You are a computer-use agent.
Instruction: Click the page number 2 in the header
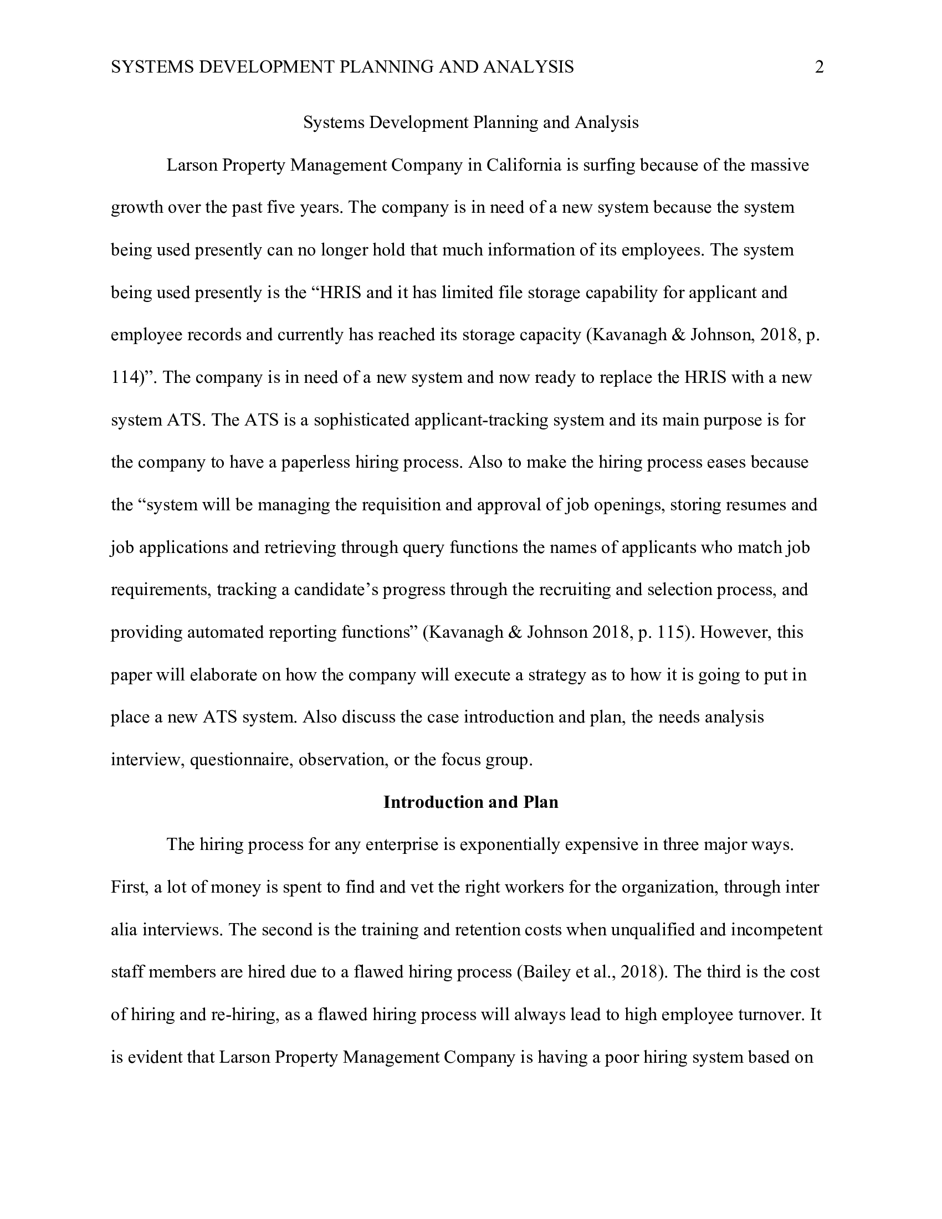pos(818,68)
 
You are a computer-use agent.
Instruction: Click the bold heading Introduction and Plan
pos(470,802)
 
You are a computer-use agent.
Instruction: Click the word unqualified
pos(652,929)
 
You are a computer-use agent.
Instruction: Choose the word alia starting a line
pos(125,929)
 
